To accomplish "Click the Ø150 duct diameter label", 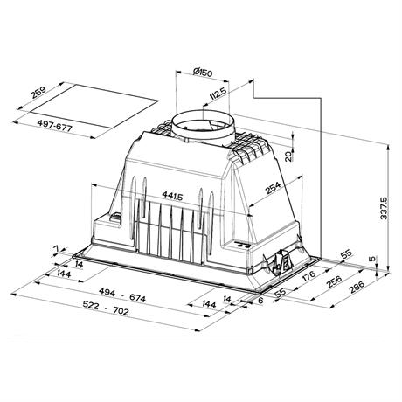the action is [203, 72].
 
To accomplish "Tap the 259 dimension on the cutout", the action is [38, 94].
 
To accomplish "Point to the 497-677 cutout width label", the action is [54, 127].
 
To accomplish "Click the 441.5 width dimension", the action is [172, 196].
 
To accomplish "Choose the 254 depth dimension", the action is [273, 188].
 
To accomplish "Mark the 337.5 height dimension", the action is [384, 208].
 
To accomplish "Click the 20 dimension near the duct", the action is [288, 156].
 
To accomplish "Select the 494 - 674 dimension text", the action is [122, 295].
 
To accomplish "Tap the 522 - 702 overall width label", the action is [106, 308].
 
